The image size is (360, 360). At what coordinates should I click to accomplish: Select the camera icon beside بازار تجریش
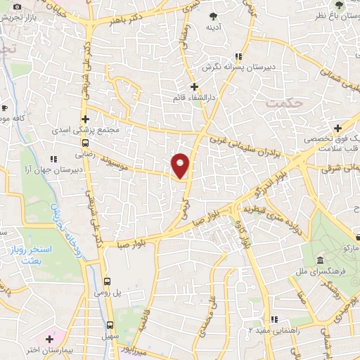(x=18, y=6)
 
